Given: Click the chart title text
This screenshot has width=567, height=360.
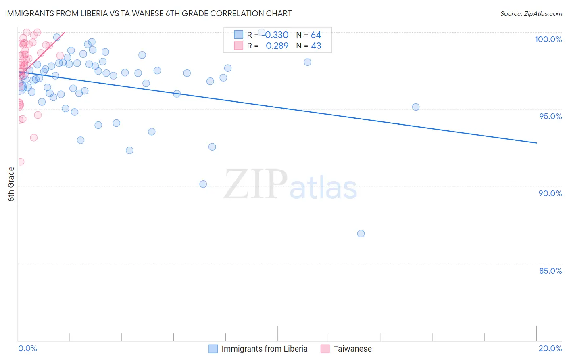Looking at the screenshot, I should pyautogui.click(x=148, y=13).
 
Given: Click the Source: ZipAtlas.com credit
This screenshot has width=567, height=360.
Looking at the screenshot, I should pyautogui.click(x=531, y=13).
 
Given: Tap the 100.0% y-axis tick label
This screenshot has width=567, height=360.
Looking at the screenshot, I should pyautogui.click(x=548, y=39).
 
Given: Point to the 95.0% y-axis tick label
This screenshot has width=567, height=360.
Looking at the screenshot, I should pyautogui.click(x=550, y=116).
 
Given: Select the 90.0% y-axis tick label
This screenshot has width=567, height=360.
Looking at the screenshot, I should pyautogui.click(x=550, y=193).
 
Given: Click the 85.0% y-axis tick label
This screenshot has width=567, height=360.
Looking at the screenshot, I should pyautogui.click(x=550, y=271).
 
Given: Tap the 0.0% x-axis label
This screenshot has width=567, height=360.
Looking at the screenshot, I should pyautogui.click(x=27, y=348).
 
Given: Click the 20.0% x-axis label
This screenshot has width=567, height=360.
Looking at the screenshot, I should pyautogui.click(x=550, y=348).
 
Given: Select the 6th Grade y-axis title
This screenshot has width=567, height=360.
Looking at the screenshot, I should pyautogui.click(x=11, y=184).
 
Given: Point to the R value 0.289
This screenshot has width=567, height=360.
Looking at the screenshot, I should pyautogui.click(x=277, y=46).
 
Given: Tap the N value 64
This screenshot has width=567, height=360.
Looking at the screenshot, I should pyautogui.click(x=316, y=35).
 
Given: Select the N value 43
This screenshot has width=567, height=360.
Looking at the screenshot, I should pyautogui.click(x=316, y=46).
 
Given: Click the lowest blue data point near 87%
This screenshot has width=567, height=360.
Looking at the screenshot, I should pyautogui.click(x=361, y=234).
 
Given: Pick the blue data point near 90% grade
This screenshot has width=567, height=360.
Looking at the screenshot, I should pyautogui.click(x=203, y=184).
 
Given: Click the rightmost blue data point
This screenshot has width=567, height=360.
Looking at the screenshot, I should pyautogui.click(x=416, y=107).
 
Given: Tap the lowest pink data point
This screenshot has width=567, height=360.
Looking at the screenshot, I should pyautogui.click(x=20, y=162).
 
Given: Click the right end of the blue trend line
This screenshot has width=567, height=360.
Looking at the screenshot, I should pyautogui.click(x=536, y=143).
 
